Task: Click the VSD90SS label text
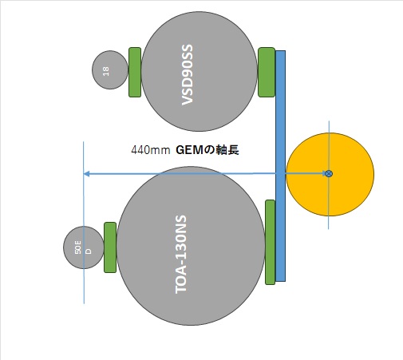[187, 75]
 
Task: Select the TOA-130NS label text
[181, 255]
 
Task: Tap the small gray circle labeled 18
[110, 69]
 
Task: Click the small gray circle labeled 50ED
[83, 247]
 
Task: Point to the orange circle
[330, 174]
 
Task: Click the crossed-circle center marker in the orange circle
[329, 174]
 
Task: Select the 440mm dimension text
[151, 150]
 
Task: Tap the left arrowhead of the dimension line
[86, 174]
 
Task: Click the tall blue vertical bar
[280, 166]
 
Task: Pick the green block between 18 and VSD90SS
[135, 72]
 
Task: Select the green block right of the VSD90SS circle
[267, 72]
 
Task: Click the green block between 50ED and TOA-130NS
[110, 247]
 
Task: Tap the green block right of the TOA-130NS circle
[270, 242]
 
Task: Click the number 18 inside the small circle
[106, 71]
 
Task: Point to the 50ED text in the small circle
[83, 247]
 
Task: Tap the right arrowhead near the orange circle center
[324, 174]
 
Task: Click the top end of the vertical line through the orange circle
[329, 121]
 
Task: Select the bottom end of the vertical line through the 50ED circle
[84, 303]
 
